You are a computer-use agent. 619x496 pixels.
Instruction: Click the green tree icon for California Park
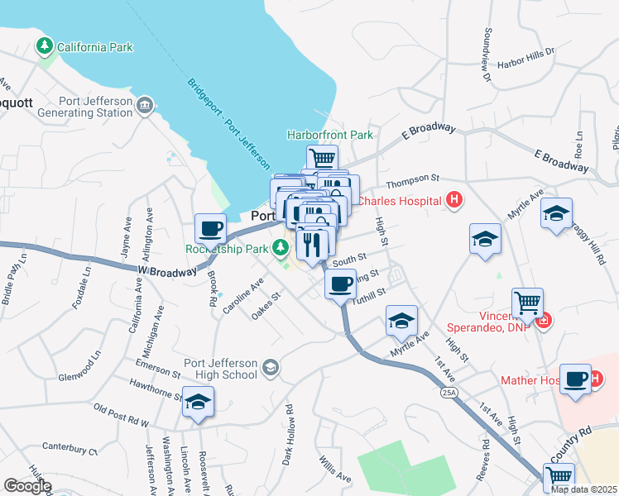(x=43, y=47)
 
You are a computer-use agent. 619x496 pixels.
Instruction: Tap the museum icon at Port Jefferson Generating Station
(x=146, y=105)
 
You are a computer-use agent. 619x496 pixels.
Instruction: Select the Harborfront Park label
(x=329, y=135)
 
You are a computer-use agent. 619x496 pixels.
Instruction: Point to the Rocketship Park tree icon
(x=281, y=246)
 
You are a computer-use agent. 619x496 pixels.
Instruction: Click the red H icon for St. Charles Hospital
(x=453, y=199)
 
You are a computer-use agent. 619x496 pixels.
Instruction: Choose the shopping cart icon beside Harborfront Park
(x=322, y=157)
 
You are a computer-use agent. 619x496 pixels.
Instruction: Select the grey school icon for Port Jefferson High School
(x=270, y=366)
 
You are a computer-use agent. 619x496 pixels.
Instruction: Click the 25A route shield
(x=449, y=391)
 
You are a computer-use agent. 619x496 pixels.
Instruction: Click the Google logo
(x=27, y=486)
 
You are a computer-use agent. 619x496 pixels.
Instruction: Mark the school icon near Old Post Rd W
(x=199, y=402)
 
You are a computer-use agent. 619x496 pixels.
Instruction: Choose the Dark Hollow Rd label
(x=290, y=433)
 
